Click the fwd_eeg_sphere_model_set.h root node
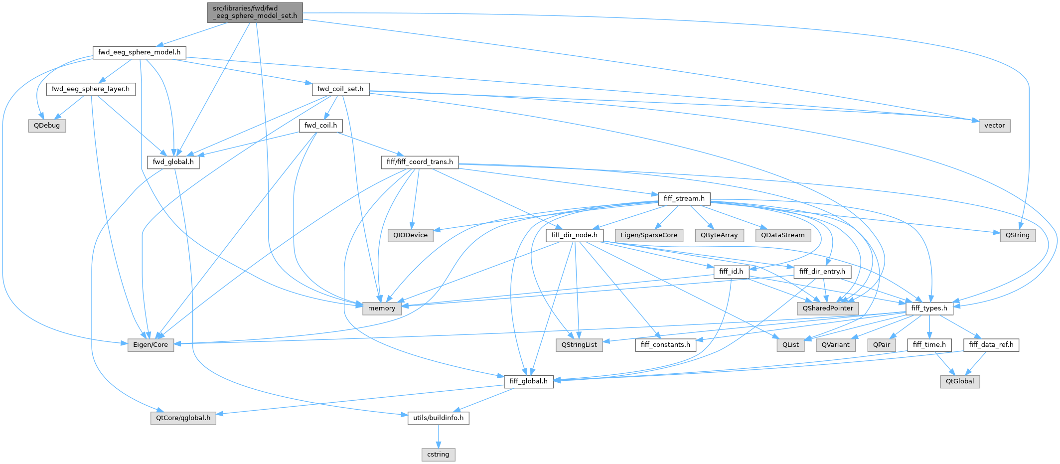(x=255, y=12)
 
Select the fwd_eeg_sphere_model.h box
(x=139, y=52)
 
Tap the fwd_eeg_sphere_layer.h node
(x=91, y=89)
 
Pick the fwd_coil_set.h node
(x=341, y=89)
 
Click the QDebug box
(x=47, y=126)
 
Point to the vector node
(x=994, y=126)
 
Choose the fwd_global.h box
(x=173, y=162)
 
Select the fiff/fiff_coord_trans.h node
(x=420, y=162)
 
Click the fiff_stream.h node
(x=684, y=199)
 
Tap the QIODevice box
(x=410, y=235)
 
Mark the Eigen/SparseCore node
(x=648, y=235)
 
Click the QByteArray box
(x=719, y=235)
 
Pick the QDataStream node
(x=782, y=235)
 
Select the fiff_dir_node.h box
(x=574, y=235)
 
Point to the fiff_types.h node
(x=929, y=309)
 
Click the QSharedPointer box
(x=828, y=309)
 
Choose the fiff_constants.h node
(x=665, y=345)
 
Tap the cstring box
(x=438, y=455)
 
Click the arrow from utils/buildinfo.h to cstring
(x=438, y=436)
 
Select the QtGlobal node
(x=960, y=381)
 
